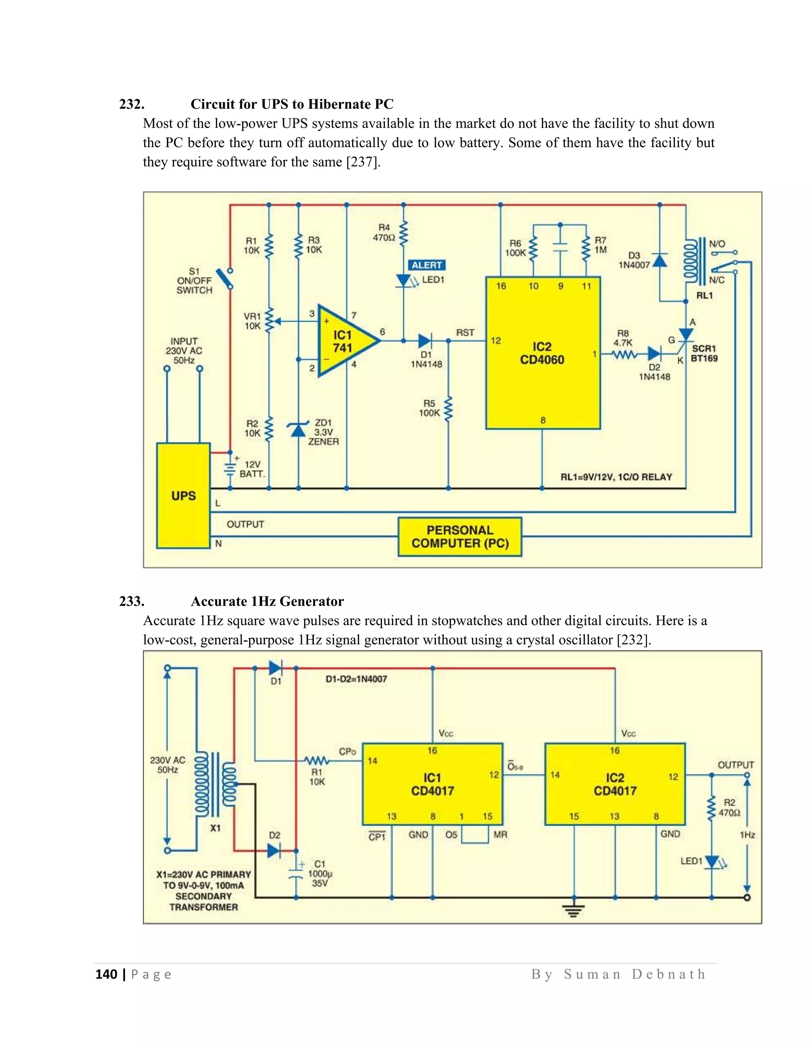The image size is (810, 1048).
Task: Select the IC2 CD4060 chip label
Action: tap(542, 353)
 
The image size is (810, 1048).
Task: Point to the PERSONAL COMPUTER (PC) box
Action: tap(460, 537)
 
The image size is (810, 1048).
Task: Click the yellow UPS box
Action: tap(183, 495)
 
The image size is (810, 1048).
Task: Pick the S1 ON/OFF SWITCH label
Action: tap(194, 281)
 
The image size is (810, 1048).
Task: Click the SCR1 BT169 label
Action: tap(704, 353)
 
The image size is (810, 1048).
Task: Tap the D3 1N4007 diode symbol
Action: tap(660, 261)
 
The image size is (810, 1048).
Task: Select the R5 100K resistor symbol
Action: tap(449, 409)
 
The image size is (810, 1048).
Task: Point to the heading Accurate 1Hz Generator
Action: tap(267, 601)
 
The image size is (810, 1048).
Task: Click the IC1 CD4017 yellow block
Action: tap(432, 784)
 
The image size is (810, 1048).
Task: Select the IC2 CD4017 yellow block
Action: tap(615, 784)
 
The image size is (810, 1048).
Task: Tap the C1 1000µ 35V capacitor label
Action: tap(320, 873)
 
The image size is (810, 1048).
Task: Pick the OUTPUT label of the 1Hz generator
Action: tap(736, 765)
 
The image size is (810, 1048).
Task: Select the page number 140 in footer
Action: tap(106, 974)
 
